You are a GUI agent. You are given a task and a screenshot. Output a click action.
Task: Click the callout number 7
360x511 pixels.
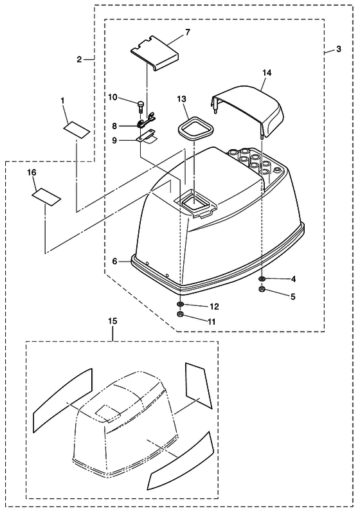[x=187, y=32]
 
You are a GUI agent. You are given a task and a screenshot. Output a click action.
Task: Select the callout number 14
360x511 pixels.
[x=267, y=73]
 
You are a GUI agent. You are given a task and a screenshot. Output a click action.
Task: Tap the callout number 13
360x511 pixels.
[x=182, y=99]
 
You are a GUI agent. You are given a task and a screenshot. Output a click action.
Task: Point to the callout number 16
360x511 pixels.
[x=32, y=172]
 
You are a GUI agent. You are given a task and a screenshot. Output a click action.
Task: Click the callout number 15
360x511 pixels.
[x=113, y=321]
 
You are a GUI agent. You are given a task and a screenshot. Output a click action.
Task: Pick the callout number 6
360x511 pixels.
[x=114, y=262]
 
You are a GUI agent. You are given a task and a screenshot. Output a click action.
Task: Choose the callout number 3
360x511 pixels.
[x=339, y=49]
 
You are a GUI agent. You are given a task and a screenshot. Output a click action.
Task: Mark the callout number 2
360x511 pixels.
[x=80, y=60]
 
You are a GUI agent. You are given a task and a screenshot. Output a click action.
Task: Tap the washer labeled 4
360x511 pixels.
[x=262, y=279]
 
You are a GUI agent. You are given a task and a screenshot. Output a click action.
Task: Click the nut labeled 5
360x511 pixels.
[x=261, y=289]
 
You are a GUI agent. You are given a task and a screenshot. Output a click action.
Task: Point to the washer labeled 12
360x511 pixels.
[x=180, y=305]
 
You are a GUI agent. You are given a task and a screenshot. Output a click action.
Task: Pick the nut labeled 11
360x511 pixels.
[x=180, y=314]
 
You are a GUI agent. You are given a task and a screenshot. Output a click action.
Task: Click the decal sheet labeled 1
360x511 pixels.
[x=76, y=130]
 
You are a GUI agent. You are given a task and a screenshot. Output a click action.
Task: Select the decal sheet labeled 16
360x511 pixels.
[x=46, y=197]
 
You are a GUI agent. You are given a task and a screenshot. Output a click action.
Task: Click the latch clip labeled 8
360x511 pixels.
[x=146, y=121]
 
